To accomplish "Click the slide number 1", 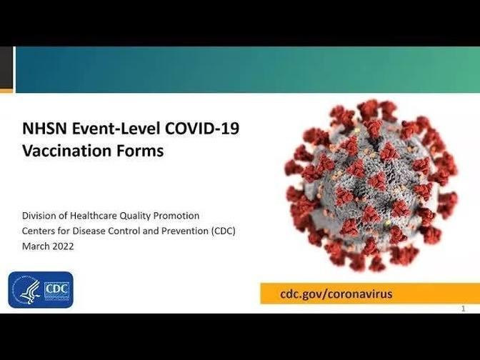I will pos(463,309).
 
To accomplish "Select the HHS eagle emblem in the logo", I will pos(26,290).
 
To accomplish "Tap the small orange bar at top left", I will pos(6,91).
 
